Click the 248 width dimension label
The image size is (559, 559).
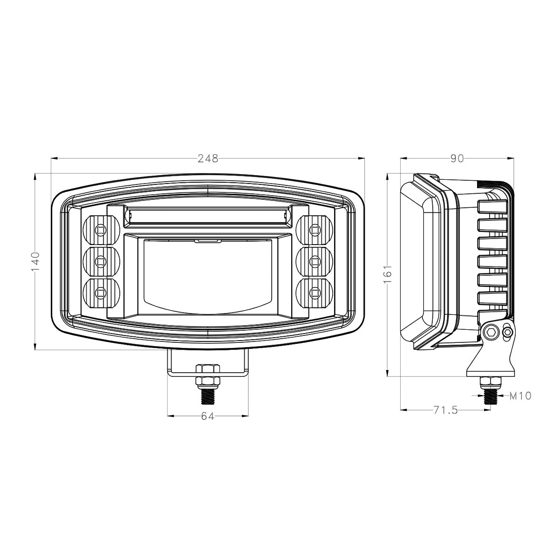[208, 159]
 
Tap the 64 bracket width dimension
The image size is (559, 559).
[208, 416]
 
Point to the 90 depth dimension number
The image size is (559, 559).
[457, 159]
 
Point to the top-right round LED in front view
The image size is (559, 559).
[315, 230]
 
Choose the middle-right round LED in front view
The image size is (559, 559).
[315, 261]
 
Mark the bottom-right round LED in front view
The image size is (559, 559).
[315, 293]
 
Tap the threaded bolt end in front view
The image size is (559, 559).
[208, 396]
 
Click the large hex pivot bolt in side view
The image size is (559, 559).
[490, 332]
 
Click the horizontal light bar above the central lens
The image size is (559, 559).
[208, 215]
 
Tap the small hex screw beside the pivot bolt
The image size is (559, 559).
[508, 332]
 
